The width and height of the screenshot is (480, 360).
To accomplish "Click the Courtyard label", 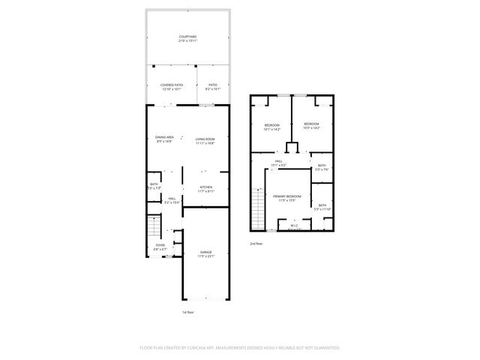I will [187, 38].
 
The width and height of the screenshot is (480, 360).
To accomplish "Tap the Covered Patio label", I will [171, 87].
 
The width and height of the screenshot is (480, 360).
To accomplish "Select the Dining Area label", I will [164, 139].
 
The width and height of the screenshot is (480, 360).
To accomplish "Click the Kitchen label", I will [205, 189].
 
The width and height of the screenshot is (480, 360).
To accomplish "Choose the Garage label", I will [205, 254].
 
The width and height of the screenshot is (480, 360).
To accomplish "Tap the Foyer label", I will [160, 247].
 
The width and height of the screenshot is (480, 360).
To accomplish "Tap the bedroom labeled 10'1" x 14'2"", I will [271, 126].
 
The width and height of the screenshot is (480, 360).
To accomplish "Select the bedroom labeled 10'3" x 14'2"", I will [310, 126].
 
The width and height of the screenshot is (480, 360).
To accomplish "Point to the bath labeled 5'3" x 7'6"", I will [322, 167].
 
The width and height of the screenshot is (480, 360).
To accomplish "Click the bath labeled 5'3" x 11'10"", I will [322, 207].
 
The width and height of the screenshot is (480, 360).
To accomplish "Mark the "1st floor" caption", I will [188, 312].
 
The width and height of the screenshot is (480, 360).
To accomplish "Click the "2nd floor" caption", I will [257, 244].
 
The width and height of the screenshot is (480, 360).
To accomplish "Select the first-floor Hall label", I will [172, 200].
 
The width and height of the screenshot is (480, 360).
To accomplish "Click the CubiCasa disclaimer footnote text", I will [240, 348].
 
